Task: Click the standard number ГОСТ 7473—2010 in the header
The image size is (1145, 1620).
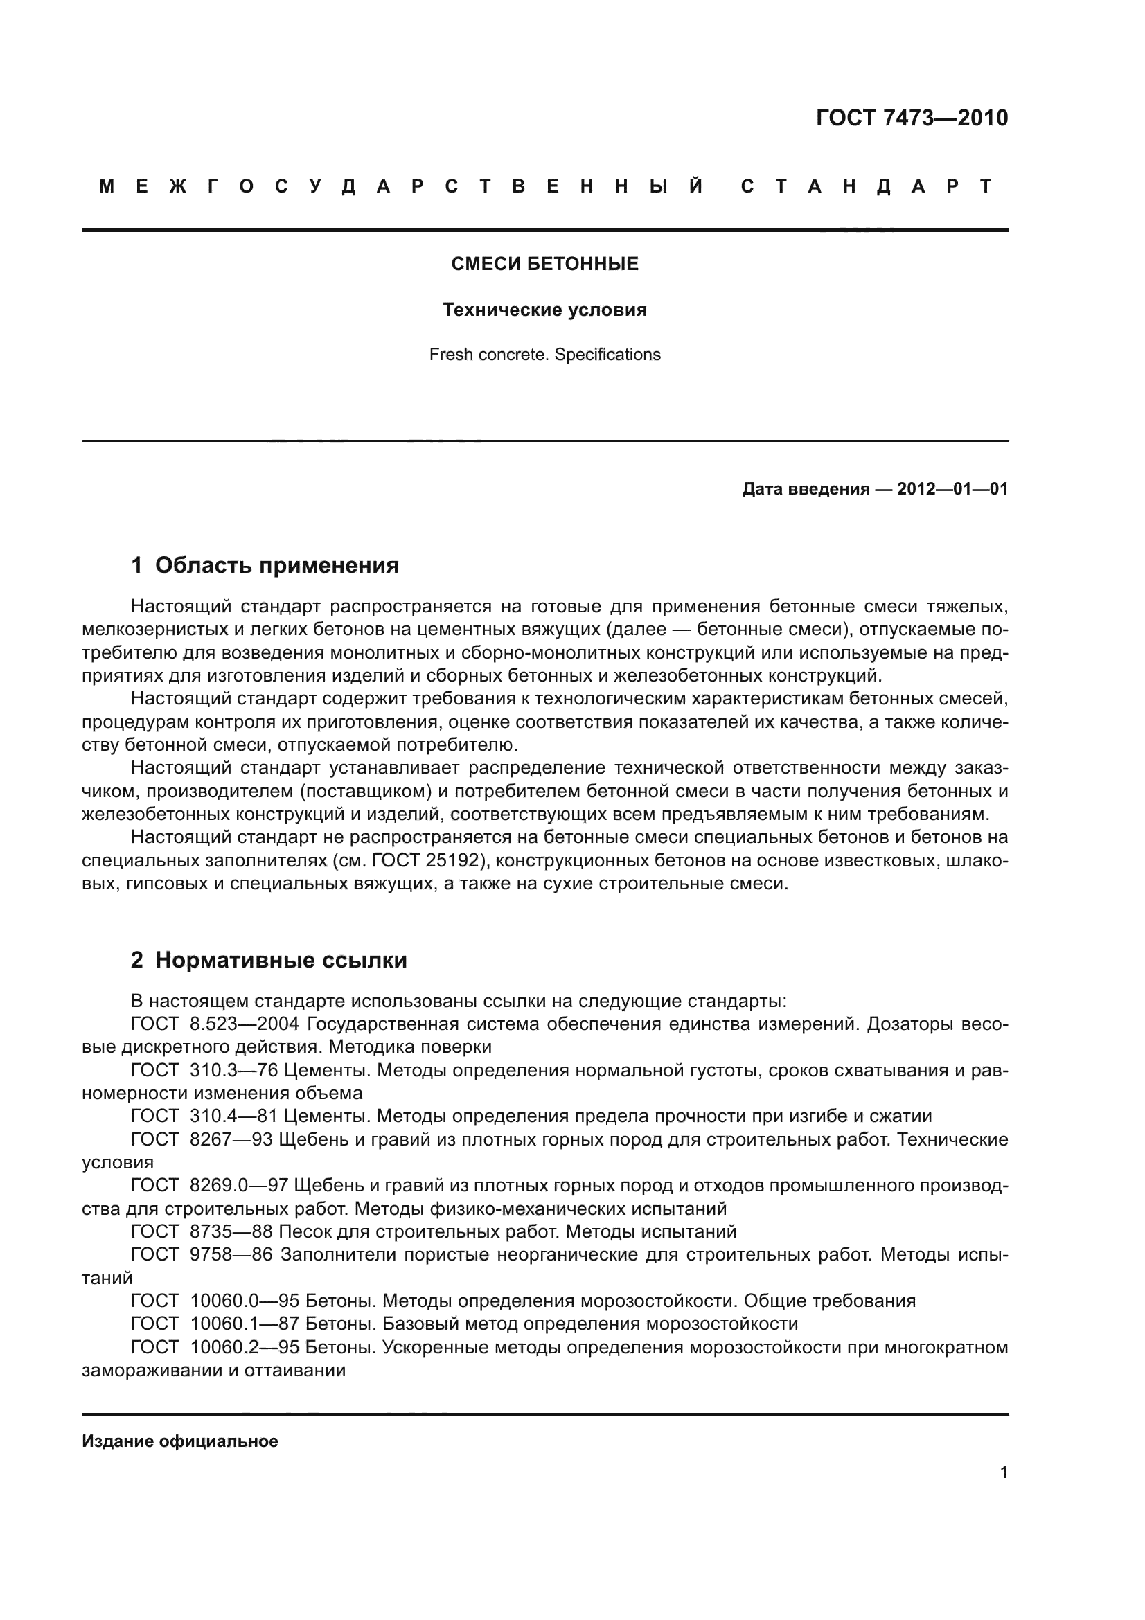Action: [x=912, y=118]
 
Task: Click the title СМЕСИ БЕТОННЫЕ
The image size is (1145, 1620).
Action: [x=544, y=264]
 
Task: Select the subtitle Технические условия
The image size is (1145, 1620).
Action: [x=544, y=310]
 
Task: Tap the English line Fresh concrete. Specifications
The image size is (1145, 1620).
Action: [x=544, y=354]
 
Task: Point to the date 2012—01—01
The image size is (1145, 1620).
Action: [x=952, y=489]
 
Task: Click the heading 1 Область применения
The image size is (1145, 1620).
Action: [x=265, y=565]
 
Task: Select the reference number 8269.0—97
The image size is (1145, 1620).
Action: [x=239, y=1186]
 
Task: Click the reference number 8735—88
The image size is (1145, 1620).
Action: [x=231, y=1232]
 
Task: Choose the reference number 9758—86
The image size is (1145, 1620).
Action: [x=231, y=1254]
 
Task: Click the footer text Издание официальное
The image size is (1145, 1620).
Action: [x=180, y=1441]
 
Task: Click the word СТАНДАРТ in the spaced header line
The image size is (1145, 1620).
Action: [x=867, y=186]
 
